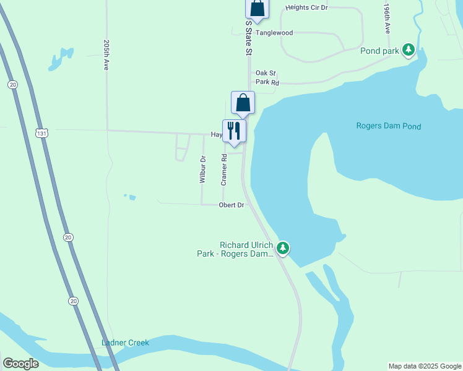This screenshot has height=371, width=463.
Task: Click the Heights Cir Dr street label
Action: point(306,7)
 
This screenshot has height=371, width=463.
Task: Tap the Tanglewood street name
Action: point(274,33)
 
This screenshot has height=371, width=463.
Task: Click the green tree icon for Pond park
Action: point(408,49)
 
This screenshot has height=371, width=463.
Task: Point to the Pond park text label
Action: point(379,51)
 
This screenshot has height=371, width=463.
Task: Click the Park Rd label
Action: point(267,82)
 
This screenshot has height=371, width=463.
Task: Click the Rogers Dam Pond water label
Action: point(389,126)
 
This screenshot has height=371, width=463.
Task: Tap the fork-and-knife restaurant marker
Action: point(234,130)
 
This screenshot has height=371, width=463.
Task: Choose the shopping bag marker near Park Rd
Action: point(243,103)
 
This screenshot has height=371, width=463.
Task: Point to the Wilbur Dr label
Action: point(202,170)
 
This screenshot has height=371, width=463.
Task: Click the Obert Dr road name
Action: point(231,205)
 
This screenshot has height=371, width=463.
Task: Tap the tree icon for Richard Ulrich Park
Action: point(283,249)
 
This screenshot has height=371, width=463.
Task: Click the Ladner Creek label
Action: point(126,343)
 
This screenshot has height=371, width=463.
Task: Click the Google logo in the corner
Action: point(20,364)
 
